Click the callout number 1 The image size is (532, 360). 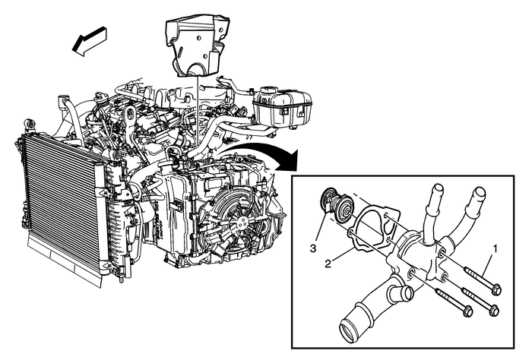tap(496, 247)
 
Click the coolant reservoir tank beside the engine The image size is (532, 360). tap(281, 106)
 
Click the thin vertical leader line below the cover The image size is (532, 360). tap(196, 114)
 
